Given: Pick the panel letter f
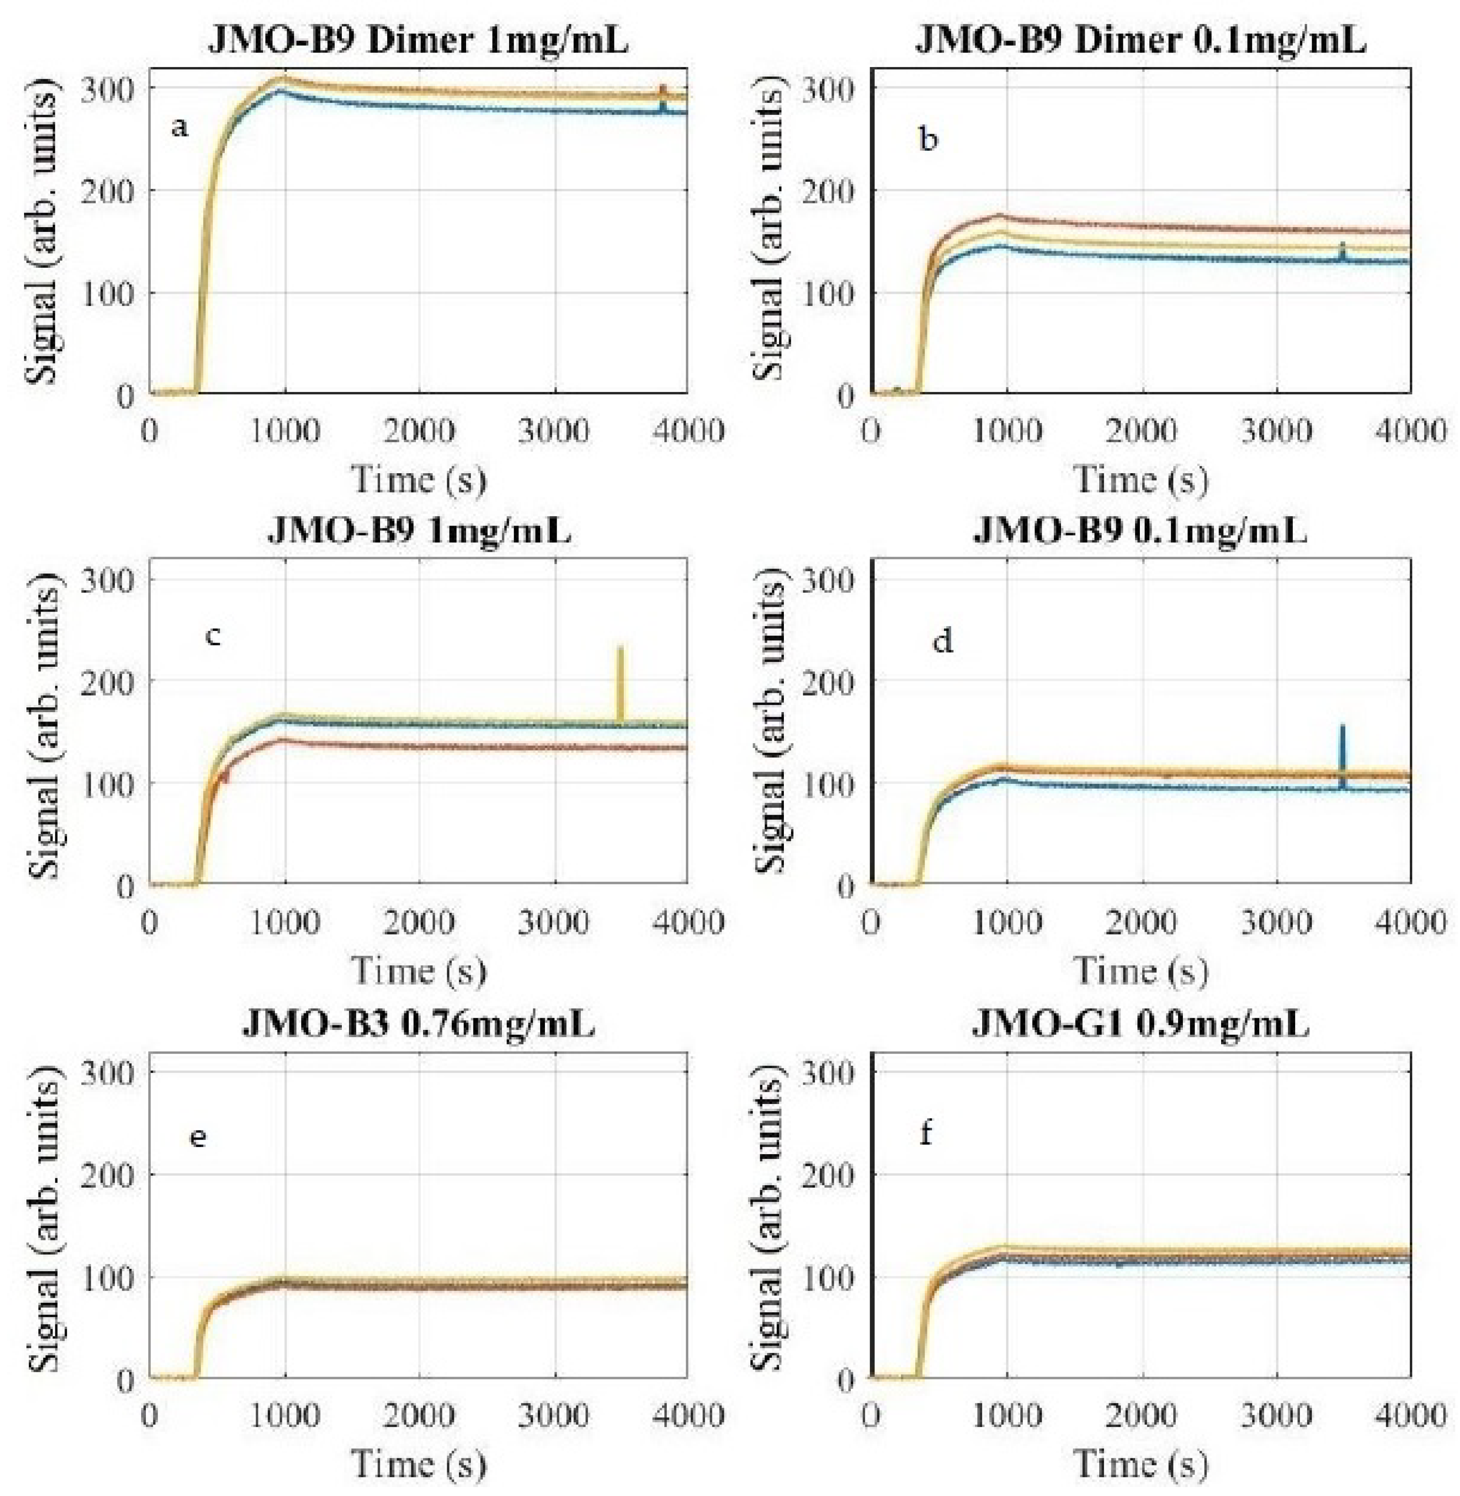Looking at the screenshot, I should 925,1133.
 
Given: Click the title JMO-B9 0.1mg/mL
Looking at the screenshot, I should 1140,531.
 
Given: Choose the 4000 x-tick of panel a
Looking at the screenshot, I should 686,430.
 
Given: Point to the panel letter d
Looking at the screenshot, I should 942,641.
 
